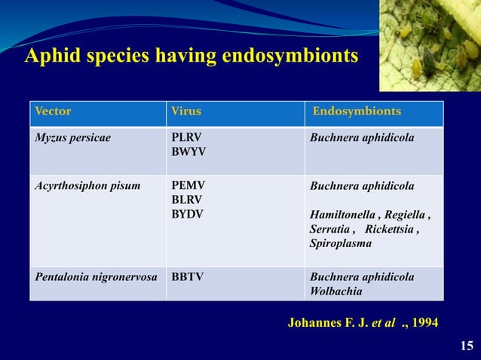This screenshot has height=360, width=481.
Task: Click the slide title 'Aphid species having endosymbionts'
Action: click(x=191, y=56)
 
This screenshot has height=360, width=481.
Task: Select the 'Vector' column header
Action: click(x=53, y=111)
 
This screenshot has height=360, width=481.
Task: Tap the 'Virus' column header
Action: click(x=186, y=111)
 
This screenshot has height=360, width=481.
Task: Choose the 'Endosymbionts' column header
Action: click(x=357, y=111)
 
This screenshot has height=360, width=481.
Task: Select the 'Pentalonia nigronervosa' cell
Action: click(x=96, y=276)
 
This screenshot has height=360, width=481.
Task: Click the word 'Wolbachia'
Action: click(x=335, y=291)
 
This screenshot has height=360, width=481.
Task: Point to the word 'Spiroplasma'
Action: click(x=340, y=244)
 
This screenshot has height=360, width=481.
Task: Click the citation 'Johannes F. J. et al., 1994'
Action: click(x=362, y=323)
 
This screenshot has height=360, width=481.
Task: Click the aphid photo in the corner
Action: click(x=429, y=45)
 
